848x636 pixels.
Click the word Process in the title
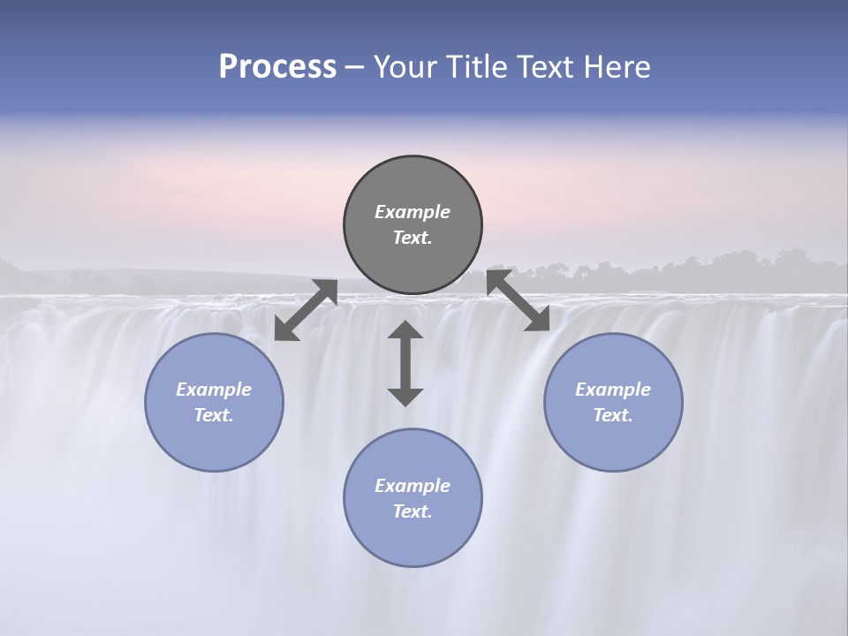tap(277, 67)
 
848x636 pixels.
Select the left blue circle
tap(214, 442)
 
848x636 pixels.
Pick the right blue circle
tap(613, 442)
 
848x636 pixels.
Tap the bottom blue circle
tap(413, 539)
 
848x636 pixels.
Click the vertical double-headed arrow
tap(405, 363)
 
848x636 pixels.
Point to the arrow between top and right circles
tap(519, 299)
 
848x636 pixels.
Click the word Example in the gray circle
tap(413, 212)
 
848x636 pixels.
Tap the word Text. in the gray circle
tap(413, 238)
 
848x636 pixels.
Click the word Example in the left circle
tap(214, 390)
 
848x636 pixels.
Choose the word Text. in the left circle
tap(214, 415)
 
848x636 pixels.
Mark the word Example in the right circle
tap(613, 390)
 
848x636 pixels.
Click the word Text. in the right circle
tap(613, 415)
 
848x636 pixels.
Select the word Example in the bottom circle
tap(413, 486)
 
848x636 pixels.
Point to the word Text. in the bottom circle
tap(413, 511)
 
